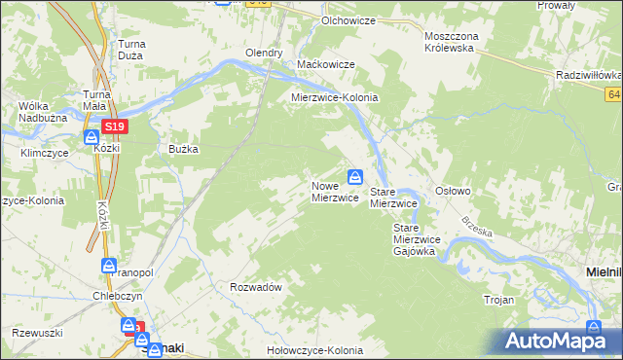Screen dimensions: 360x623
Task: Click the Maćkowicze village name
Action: coord(325,64)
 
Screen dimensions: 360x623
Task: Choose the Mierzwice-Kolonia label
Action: coord(335,98)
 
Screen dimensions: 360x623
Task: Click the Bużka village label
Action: coord(183,149)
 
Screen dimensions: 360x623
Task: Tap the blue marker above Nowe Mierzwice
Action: coord(356,176)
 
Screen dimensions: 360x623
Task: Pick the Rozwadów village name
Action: coord(256,287)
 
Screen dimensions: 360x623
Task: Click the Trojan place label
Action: coord(498,300)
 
